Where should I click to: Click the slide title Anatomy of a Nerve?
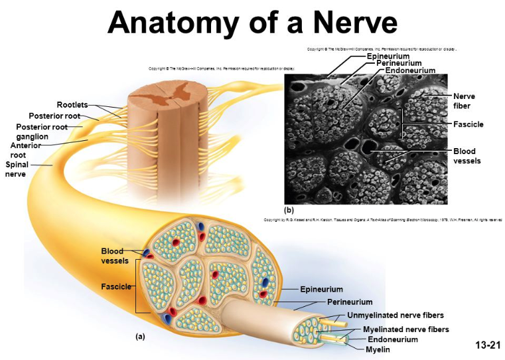click(x=252, y=23)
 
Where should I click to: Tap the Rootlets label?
click(x=72, y=105)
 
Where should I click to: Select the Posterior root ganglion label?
click(x=42, y=132)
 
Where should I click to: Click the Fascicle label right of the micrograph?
click(x=469, y=124)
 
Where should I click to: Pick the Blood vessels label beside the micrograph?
click(x=469, y=156)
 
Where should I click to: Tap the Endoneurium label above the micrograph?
click(x=410, y=70)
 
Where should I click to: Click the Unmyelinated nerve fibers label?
click(x=396, y=315)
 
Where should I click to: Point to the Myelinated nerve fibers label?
click(x=405, y=329)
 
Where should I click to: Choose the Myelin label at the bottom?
click(x=378, y=349)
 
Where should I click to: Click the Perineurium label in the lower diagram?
click(x=350, y=302)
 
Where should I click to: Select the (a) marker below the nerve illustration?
click(x=139, y=337)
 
